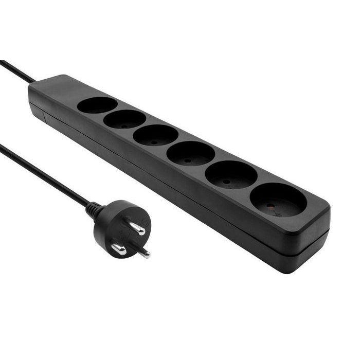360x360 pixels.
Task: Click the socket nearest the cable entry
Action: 97,105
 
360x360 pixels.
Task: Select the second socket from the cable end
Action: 124,119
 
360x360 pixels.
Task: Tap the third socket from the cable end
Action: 155,135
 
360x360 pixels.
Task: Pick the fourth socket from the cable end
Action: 190,153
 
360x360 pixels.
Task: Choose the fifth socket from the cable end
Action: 231,175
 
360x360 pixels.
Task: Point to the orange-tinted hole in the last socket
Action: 271,205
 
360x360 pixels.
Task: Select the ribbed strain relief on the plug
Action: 94,209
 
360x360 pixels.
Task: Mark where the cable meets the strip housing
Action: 34,82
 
